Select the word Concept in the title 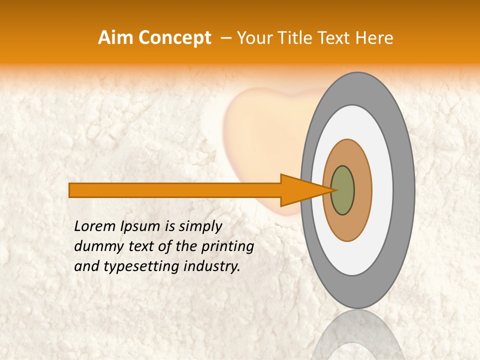[175, 38]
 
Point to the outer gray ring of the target [404, 190]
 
